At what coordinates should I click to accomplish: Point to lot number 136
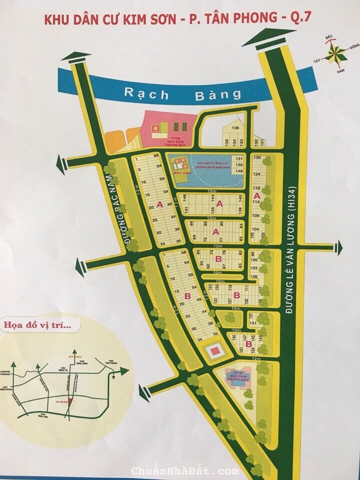(x=235, y=128)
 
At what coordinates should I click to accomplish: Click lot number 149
(x=239, y=171)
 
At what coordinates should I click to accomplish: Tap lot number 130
(x=257, y=157)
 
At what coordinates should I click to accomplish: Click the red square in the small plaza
(x=213, y=351)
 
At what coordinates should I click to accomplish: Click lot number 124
(x=257, y=174)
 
